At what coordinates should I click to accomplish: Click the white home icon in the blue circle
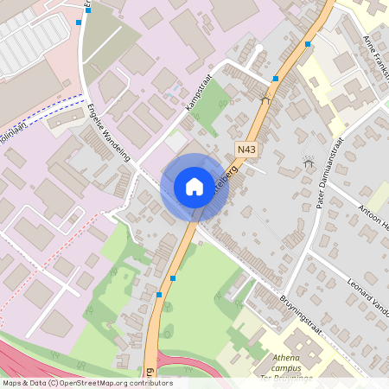tap(194, 187)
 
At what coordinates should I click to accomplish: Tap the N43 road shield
tap(246, 150)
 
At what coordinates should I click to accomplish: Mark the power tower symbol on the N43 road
tap(265, 99)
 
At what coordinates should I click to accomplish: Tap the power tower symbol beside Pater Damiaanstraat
tap(307, 162)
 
